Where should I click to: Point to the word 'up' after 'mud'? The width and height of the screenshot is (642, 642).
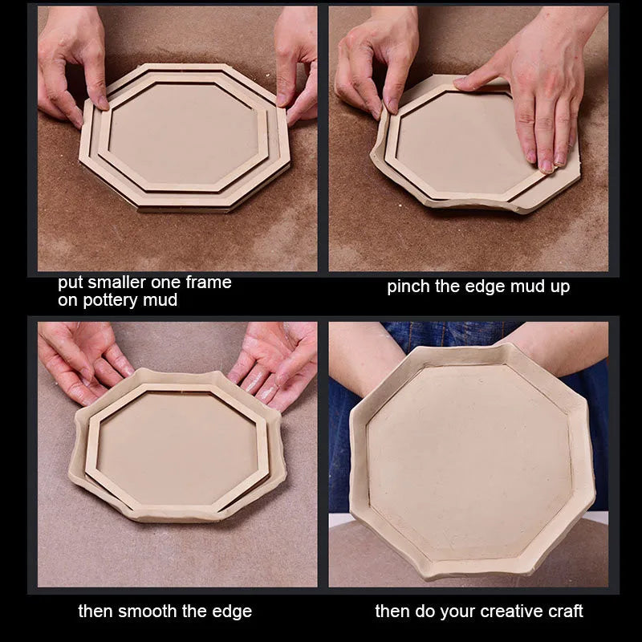(560, 287)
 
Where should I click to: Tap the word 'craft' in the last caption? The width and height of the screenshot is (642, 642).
(566, 612)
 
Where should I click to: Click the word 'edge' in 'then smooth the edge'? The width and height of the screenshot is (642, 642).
(234, 612)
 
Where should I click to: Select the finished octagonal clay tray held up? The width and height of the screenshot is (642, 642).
(472, 461)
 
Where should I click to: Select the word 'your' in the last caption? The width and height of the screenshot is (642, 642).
(457, 612)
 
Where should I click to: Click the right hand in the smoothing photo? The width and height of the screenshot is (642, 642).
(275, 364)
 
